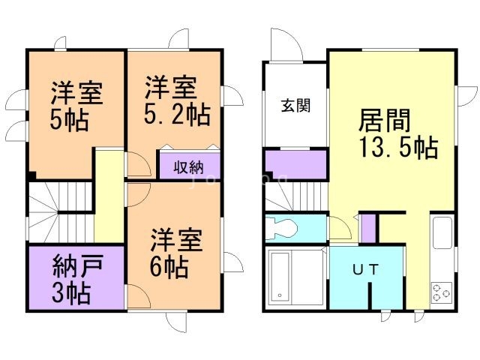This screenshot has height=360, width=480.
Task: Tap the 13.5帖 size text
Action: coord(397,148)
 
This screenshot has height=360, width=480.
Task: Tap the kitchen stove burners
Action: coord(440,292)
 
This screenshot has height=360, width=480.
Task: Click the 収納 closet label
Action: coord(188,166)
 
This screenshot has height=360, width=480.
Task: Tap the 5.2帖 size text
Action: coord(177,115)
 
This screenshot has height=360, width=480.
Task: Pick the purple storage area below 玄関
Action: coord(295,164)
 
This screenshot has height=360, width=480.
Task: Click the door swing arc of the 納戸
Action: coord(133,296)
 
